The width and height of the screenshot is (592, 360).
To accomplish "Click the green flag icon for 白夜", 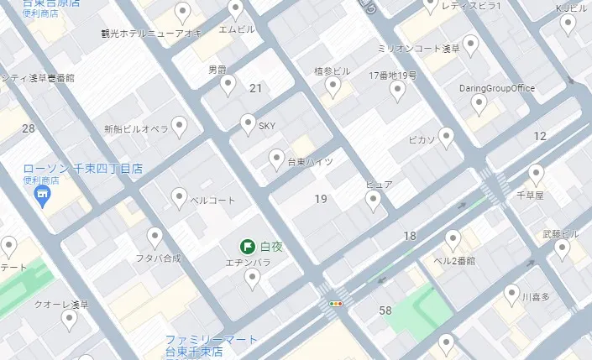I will coord(248,247).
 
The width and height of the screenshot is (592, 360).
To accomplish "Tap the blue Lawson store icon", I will coord(39,196).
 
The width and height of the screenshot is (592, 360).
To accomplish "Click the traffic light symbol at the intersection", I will coord(337,304).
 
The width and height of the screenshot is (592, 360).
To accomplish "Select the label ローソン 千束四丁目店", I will coord(82,169).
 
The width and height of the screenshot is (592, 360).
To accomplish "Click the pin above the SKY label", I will coord(248,124).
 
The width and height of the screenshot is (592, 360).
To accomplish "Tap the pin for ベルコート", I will coord(179,198).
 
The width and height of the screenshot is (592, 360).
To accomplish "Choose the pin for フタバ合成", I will coord(155,237).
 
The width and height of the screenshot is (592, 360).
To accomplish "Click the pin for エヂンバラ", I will coord(252,279).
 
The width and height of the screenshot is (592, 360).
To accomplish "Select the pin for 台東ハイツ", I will coord(276,159).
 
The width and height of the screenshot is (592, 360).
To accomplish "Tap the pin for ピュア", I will coord(374,199).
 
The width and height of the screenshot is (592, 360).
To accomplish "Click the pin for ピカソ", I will coord(447,137).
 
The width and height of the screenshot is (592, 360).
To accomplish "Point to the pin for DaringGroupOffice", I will coord(479,103).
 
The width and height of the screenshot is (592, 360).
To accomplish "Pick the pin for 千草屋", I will coord(536,175).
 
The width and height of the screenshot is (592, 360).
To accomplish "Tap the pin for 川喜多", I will coord(511,294).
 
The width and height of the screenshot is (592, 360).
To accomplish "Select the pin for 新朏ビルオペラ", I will coord(179,127).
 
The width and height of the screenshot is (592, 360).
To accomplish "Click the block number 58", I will coord(385,311).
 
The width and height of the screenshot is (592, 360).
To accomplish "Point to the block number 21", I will coord(256,87).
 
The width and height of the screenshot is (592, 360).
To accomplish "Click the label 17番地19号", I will coord(392,76).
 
